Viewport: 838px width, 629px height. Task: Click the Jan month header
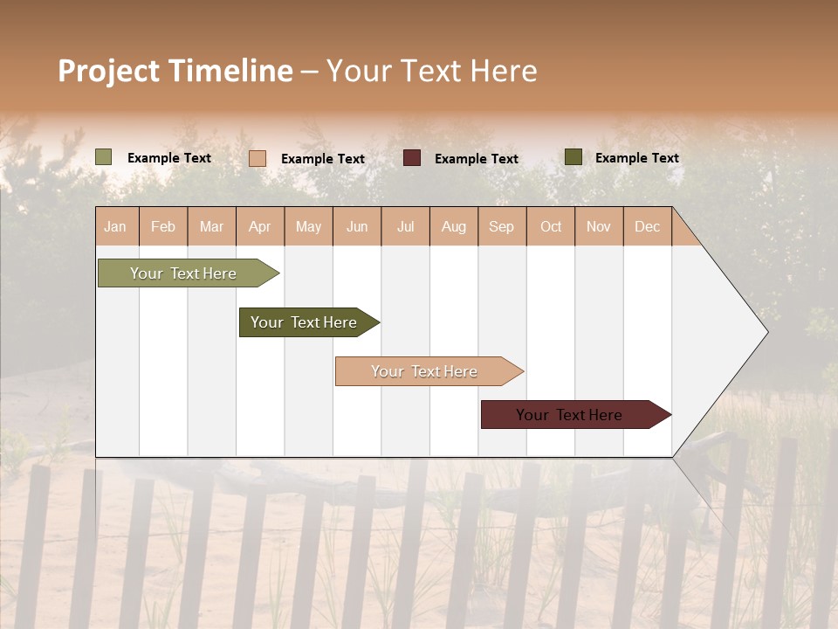(x=115, y=226)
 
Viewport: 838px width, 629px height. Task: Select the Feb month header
(x=163, y=226)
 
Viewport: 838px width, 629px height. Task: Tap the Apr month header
(x=260, y=226)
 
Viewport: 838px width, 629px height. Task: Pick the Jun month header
(x=357, y=226)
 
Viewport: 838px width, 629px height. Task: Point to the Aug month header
(x=454, y=226)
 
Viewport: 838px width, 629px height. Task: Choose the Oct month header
(x=551, y=226)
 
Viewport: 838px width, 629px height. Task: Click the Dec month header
(x=648, y=226)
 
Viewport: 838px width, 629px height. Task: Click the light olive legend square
(x=104, y=157)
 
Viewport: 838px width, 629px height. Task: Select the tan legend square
(x=258, y=158)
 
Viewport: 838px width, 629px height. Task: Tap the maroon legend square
(x=412, y=158)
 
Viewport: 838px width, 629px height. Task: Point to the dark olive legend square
(x=574, y=157)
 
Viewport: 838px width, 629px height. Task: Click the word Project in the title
(x=109, y=72)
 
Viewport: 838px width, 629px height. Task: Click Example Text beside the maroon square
(x=477, y=159)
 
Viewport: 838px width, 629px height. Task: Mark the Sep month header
(x=502, y=226)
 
